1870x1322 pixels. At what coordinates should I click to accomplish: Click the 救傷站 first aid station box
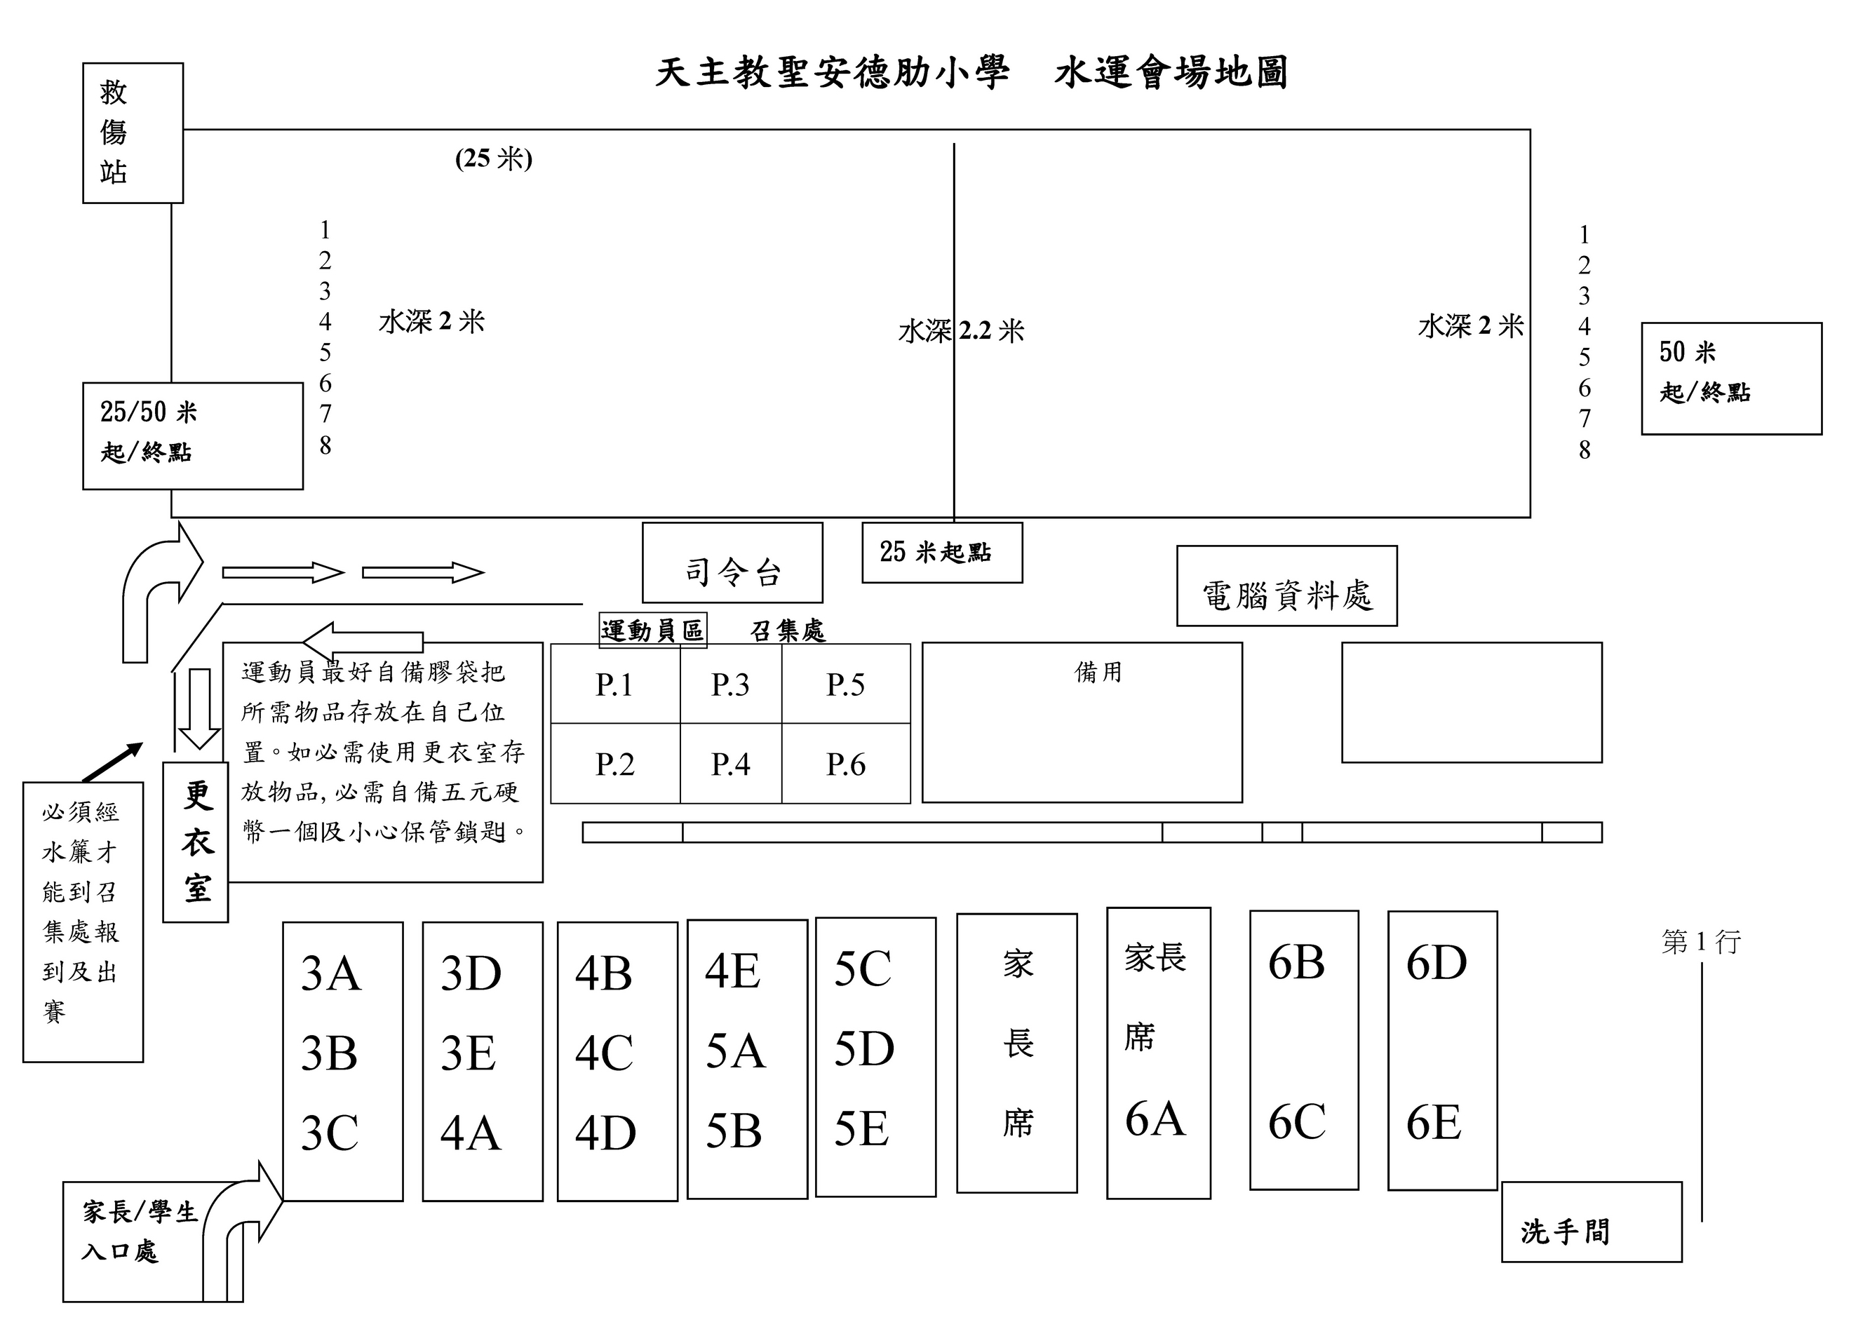(133, 133)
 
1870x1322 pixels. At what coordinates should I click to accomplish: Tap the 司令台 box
(732, 563)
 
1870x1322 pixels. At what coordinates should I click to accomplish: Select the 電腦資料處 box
(1287, 586)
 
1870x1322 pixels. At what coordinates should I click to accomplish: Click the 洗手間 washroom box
(1592, 1222)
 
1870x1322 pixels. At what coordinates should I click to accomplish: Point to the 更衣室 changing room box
(196, 842)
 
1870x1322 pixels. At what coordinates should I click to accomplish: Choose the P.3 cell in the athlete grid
(731, 684)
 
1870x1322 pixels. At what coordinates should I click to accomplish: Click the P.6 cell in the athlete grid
(846, 764)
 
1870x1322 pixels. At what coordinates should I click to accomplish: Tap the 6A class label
(1155, 1119)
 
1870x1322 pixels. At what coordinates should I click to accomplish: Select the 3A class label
(330, 973)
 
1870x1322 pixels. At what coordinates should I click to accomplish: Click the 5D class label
(864, 1048)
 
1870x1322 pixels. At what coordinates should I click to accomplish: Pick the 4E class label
(733, 971)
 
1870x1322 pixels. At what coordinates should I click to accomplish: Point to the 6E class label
(1434, 1122)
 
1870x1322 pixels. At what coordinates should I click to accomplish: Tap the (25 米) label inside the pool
(494, 158)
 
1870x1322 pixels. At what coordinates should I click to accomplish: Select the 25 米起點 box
(942, 552)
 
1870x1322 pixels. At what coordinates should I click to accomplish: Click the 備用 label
(1098, 672)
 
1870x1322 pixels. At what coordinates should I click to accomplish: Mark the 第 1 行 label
(1702, 942)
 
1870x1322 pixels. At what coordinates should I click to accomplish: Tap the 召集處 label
(788, 630)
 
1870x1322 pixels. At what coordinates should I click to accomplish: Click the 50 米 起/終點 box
(1732, 379)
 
